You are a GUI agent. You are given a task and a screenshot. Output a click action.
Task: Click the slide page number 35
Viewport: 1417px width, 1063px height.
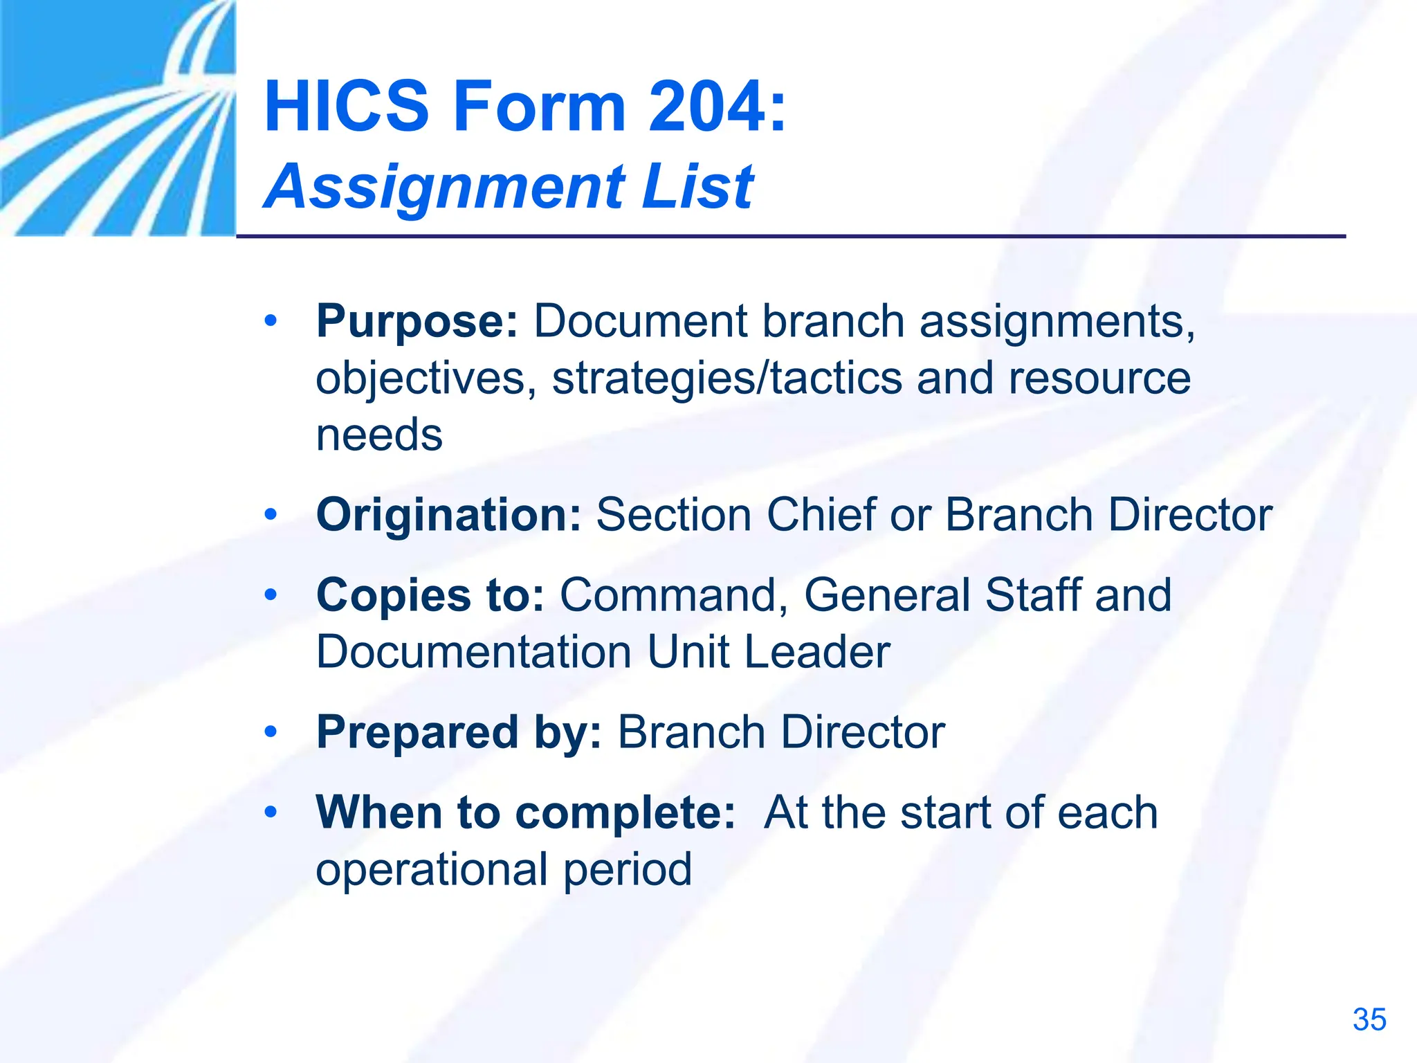coord(1369,1020)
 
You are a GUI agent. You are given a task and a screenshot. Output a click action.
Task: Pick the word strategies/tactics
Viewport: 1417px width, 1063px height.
coord(727,379)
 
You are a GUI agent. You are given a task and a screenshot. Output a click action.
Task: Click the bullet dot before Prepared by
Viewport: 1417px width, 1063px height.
coord(271,732)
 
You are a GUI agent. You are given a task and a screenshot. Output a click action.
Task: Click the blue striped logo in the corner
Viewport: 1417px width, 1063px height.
coord(118,118)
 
